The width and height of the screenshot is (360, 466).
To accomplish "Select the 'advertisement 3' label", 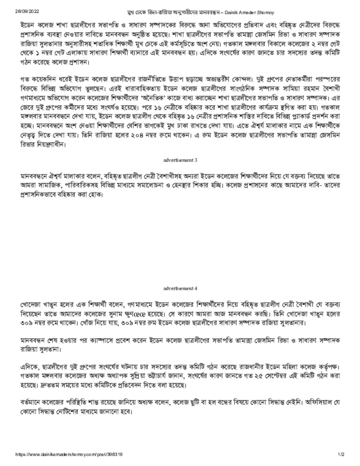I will point(180,160).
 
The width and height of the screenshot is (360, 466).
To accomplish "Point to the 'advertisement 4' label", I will point(180,288).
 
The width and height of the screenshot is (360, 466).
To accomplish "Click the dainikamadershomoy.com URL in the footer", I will point(69,454).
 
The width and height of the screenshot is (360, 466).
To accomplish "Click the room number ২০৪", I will point(139,135).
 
